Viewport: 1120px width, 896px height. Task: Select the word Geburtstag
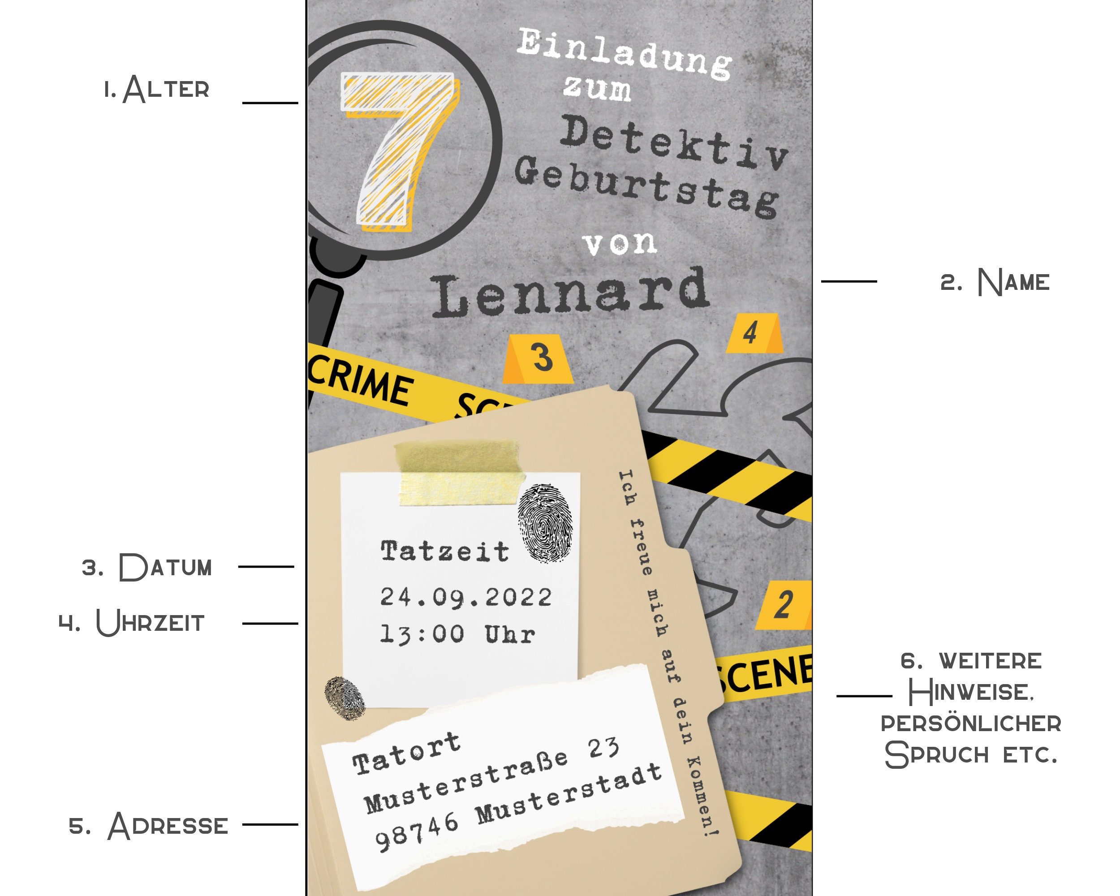click(647, 186)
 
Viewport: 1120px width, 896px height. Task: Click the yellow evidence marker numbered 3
click(538, 359)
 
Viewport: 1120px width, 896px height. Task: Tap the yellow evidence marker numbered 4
click(754, 333)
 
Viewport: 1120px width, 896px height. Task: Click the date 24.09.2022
click(466, 597)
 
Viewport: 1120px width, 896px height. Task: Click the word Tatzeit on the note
click(445, 551)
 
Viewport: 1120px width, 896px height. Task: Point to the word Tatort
click(406, 753)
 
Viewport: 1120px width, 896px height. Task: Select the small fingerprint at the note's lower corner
click(345, 698)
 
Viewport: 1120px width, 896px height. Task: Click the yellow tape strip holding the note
click(460, 473)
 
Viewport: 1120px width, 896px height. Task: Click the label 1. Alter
click(156, 89)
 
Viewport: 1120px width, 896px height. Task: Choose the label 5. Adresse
click(149, 826)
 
